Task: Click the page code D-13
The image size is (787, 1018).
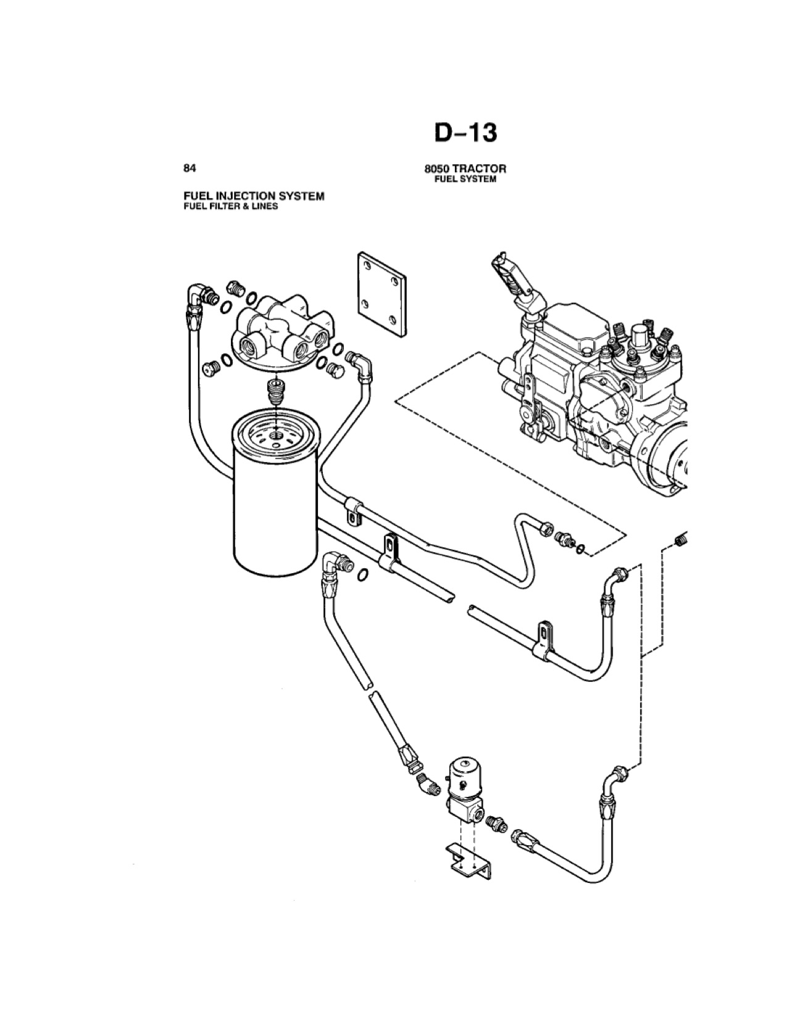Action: (465, 133)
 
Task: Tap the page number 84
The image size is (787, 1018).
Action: (189, 168)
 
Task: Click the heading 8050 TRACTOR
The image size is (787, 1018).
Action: (465, 168)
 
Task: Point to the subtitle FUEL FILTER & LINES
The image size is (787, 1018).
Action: (231, 206)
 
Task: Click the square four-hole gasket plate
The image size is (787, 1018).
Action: (381, 294)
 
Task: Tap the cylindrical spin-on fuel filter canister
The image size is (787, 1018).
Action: (276, 492)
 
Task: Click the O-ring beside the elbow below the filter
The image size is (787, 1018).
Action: (362, 574)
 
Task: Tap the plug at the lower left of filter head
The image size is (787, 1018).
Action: (211, 367)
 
